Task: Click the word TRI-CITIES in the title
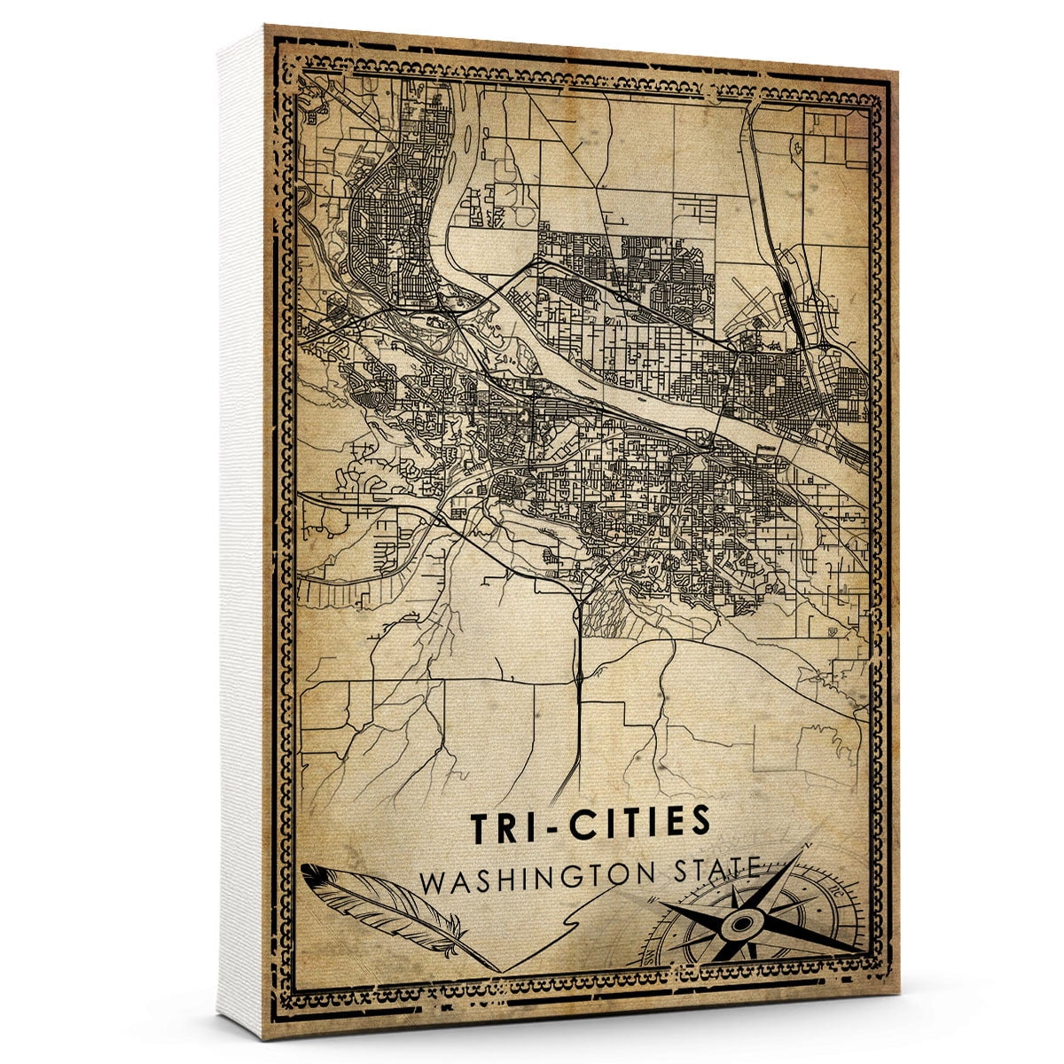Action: (590, 823)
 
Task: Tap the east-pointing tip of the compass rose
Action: (864, 951)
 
